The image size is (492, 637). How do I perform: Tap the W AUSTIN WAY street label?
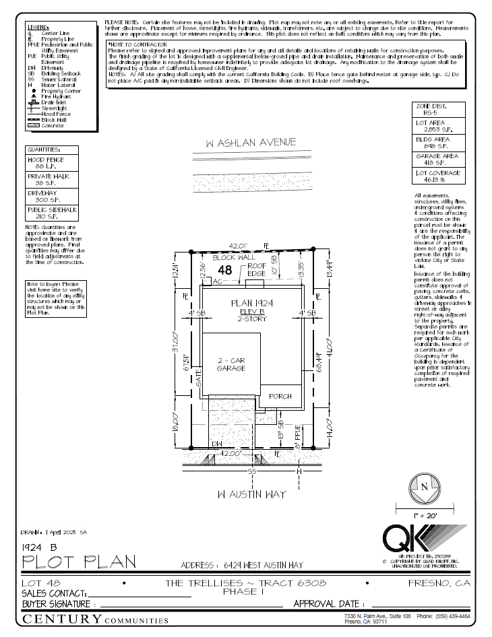tap(251, 494)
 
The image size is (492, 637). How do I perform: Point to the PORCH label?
tap(280, 397)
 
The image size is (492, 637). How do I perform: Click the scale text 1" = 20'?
tap(425, 515)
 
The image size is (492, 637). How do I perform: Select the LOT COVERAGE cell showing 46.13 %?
tap(438, 176)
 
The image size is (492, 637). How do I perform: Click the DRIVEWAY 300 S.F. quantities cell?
tap(52, 196)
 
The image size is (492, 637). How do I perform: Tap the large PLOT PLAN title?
tap(79, 561)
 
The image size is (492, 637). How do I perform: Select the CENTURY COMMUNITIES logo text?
tap(92, 619)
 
